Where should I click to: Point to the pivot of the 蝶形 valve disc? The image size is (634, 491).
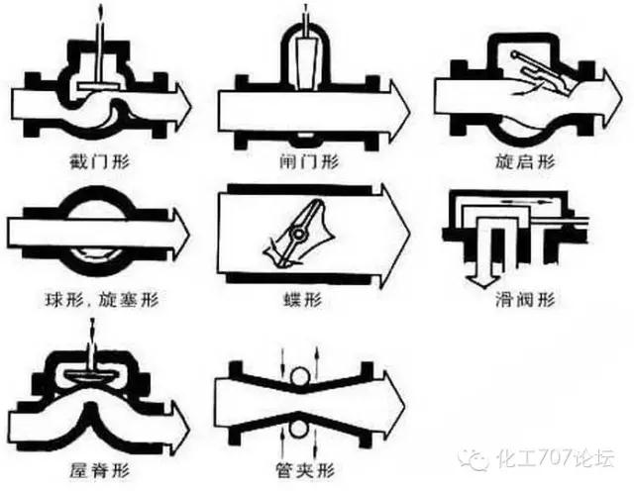pyautogui.click(x=295, y=234)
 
